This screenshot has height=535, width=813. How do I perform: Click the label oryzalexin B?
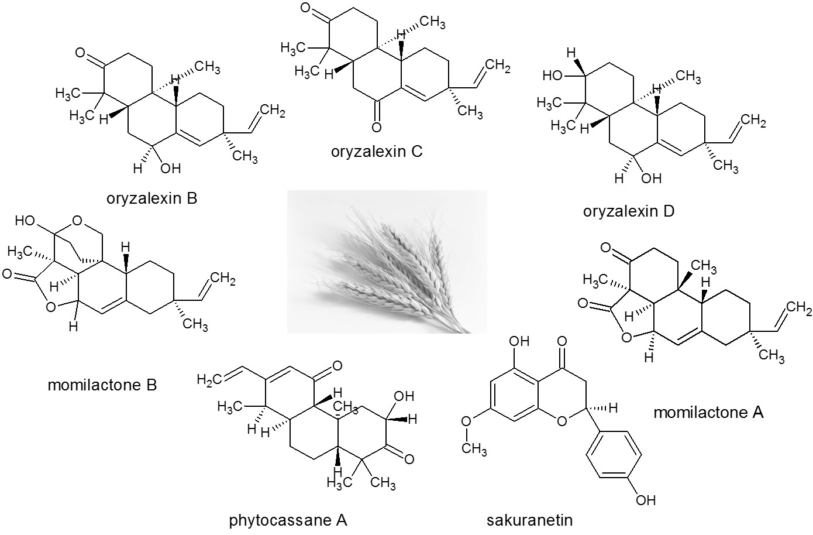tap(152, 198)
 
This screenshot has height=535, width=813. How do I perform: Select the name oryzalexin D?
tap(629, 211)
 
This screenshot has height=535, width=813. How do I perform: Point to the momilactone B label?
tap(102, 385)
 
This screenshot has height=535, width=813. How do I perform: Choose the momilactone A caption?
tap(708, 412)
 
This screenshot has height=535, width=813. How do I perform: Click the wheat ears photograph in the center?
tap(387, 262)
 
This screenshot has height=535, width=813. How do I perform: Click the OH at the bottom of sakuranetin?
tap(646, 500)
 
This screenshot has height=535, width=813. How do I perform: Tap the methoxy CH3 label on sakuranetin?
tap(474, 449)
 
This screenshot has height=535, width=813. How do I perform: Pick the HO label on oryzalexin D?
tap(552, 76)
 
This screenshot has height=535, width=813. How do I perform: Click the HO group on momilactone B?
tap(25, 221)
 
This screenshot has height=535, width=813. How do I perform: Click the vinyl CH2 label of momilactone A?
tap(799, 308)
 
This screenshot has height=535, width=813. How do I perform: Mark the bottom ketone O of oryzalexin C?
tap(376, 127)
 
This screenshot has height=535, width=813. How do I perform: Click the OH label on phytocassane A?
tap(404, 396)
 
